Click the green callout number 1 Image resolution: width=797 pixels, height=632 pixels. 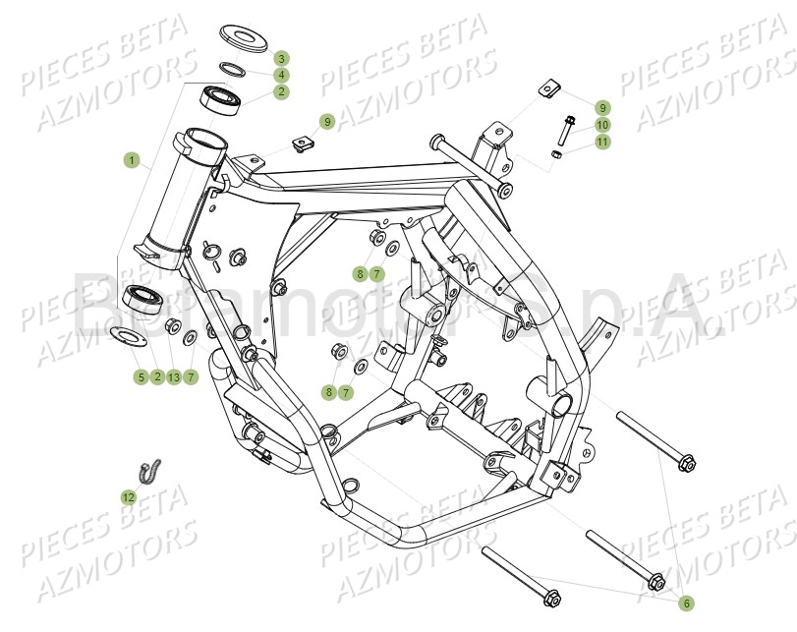tap(131, 159)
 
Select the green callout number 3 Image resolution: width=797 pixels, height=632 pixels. tap(281, 58)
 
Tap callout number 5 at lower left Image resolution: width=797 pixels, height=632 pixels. tap(141, 376)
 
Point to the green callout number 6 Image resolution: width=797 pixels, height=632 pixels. tap(686, 603)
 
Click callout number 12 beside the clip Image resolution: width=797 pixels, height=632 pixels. tap(129, 497)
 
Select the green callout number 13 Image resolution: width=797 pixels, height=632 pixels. tap(174, 376)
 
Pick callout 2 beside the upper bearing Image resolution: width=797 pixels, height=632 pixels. tap(281, 91)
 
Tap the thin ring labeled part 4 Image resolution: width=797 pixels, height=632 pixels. tap(233, 69)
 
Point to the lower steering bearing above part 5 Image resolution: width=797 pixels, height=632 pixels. tap(144, 299)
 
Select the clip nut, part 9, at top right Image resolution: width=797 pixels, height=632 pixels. tap(546, 90)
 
